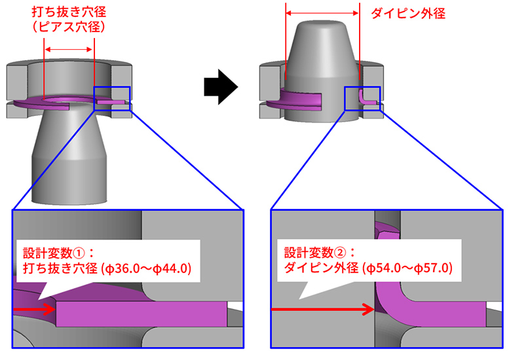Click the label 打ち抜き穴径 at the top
[x=69, y=12]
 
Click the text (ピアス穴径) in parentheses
[x=69, y=27]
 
